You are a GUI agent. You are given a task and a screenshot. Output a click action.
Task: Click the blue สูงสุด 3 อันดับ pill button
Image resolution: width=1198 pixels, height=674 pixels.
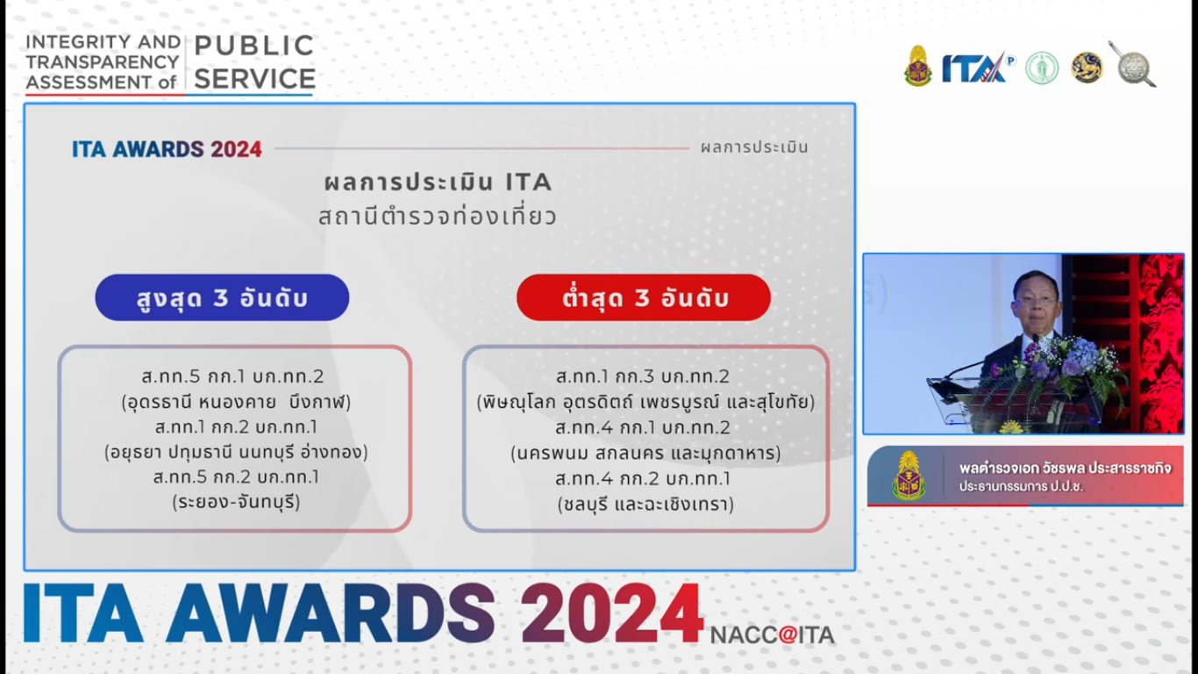(222, 298)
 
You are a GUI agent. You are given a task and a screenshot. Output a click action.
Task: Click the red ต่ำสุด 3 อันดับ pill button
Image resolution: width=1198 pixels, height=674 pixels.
(644, 298)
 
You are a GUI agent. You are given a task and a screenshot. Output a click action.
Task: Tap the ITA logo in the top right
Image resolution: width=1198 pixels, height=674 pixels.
(978, 68)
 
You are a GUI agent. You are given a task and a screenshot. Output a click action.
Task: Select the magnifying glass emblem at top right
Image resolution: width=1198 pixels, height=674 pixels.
(1133, 64)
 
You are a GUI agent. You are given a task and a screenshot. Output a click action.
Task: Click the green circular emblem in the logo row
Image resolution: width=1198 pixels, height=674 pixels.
(1042, 68)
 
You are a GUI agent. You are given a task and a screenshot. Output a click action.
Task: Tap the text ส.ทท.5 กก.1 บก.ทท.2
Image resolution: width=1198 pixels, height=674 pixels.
(232, 376)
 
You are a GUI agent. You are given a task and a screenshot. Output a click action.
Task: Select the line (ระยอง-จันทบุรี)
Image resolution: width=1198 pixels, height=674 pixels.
(236, 502)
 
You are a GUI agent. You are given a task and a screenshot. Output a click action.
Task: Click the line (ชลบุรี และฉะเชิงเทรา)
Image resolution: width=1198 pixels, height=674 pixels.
(645, 505)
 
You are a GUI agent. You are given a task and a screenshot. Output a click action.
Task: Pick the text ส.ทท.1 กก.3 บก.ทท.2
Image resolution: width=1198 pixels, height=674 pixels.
(642, 376)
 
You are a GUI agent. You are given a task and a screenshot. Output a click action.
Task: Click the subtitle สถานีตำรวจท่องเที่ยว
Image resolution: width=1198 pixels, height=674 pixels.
(438, 217)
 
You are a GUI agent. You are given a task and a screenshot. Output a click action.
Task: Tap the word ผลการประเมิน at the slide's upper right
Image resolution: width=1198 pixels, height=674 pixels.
(754, 147)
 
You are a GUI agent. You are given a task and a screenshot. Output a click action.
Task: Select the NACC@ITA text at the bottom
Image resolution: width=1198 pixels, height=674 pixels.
(773, 635)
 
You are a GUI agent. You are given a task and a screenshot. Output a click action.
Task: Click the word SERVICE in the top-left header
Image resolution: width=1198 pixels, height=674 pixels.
(254, 79)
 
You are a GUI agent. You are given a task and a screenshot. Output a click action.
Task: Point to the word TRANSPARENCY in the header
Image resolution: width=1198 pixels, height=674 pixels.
(102, 62)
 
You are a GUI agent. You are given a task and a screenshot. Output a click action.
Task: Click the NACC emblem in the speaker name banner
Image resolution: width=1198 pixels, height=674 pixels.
(909, 476)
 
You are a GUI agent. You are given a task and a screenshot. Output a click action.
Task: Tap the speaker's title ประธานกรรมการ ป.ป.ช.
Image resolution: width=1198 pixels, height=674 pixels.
(1021, 486)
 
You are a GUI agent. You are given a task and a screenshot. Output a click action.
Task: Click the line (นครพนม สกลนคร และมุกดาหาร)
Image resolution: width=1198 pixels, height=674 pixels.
(645, 454)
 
